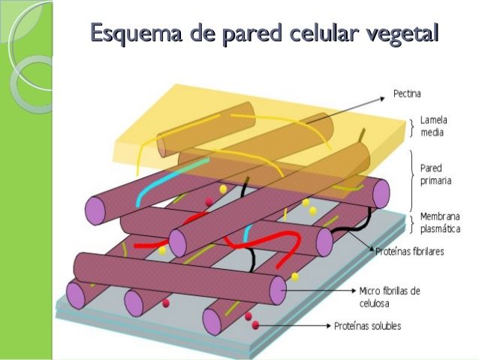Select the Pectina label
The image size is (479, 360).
[x=407, y=95]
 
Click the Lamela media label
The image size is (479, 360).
[x=432, y=126]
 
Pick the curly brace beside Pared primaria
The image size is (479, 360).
[x=411, y=174]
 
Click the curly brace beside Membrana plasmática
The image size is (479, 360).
[x=411, y=220]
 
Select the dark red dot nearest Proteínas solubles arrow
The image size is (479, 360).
[x=256, y=325]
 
